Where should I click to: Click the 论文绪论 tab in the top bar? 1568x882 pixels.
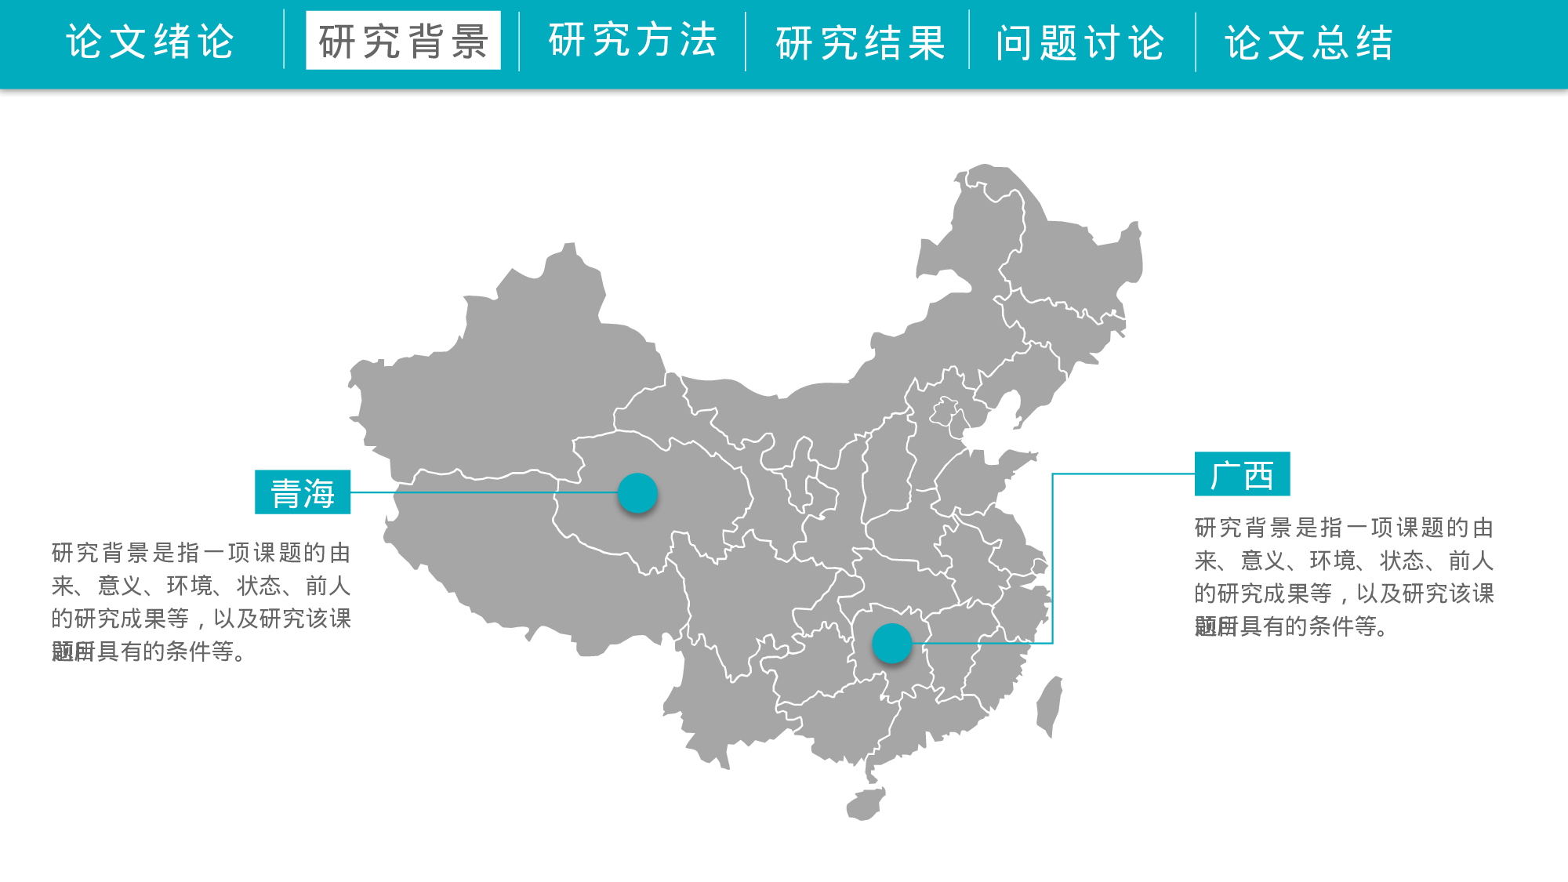pos(150,42)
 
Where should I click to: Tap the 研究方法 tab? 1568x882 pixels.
pos(632,40)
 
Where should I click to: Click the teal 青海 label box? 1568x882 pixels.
pos(303,492)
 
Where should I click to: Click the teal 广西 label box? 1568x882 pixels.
pos(1242,474)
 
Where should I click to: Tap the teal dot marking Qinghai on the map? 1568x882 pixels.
pos(637,493)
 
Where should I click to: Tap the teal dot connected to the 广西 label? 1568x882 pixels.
pos(891,644)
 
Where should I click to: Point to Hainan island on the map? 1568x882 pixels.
pos(866,804)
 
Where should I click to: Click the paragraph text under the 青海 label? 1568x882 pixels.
pos(201,602)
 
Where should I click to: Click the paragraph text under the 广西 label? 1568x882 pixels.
pos(1344,577)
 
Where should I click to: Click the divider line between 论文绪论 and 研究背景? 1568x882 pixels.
pos(284,40)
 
